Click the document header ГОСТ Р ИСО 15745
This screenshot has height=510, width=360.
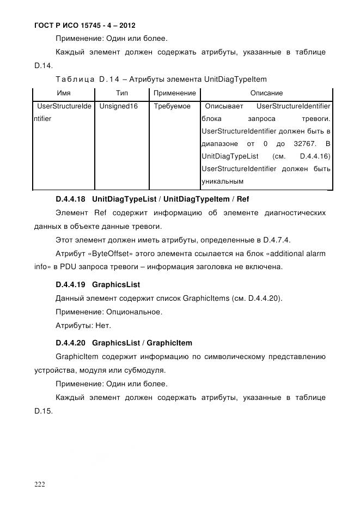click(x=84, y=26)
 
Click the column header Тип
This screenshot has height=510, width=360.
click(x=122, y=93)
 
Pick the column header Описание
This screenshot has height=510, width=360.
click(x=266, y=93)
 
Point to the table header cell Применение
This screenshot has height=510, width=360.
click(x=175, y=93)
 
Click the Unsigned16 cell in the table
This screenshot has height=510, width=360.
click(x=118, y=106)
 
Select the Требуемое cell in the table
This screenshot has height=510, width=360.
click(x=172, y=106)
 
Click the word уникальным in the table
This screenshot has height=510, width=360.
click(x=222, y=181)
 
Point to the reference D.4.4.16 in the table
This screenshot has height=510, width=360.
click(x=315, y=156)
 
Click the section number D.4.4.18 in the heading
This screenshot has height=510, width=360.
click(x=70, y=199)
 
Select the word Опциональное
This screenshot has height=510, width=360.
click(x=135, y=312)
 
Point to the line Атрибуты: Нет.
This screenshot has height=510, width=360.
click(x=83, y=326)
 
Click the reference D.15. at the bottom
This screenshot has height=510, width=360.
click(x=43, y=411)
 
